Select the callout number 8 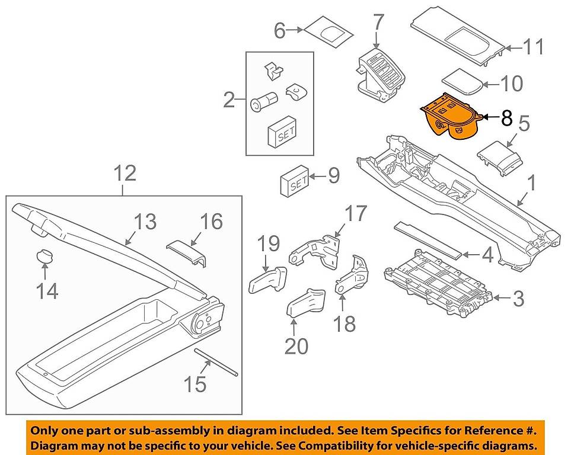coord(506,118)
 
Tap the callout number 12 coord(125,174)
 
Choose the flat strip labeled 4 coord(428,239)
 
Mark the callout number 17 coord(356,214)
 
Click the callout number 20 coord(296,345)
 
